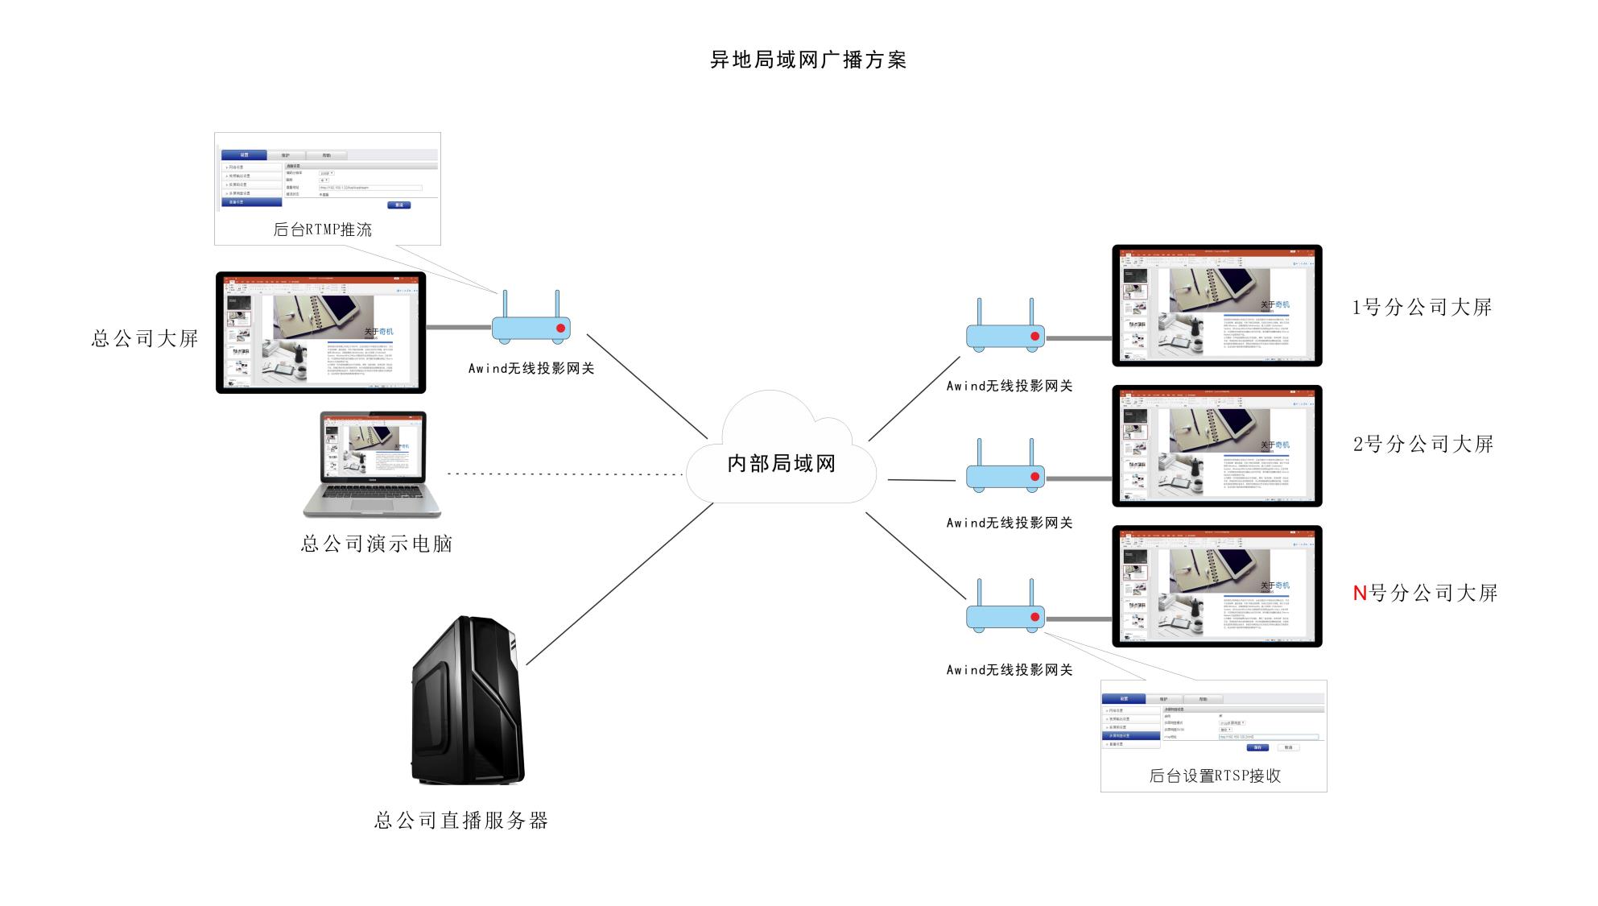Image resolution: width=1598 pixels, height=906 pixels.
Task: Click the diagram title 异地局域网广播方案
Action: (807, 60)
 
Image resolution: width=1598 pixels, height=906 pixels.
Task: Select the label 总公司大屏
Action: (145, 338)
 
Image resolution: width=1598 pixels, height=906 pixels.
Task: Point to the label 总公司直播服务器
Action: (461, 821)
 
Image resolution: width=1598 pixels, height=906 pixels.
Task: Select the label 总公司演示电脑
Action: (377, 544)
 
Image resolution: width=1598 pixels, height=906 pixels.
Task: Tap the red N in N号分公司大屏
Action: (1360, 594)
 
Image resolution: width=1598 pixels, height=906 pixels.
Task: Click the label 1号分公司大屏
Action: (1422, 308)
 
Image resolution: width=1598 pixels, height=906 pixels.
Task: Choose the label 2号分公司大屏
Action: (1423, 445)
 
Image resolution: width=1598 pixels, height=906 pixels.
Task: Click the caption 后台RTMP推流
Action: (323, 230)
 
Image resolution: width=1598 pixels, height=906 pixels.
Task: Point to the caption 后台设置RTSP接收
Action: (1214, 776)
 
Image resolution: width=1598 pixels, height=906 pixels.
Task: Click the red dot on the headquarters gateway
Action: (560, 328)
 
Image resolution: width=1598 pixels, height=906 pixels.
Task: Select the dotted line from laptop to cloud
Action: (564, 474)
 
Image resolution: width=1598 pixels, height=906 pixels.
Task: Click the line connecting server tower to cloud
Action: (620, 584)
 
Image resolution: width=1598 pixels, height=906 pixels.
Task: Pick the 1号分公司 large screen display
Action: (1216, 306)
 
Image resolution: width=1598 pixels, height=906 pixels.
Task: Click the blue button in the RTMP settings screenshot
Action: (399, 205)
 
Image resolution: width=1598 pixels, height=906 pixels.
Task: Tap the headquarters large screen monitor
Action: (320, 333)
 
